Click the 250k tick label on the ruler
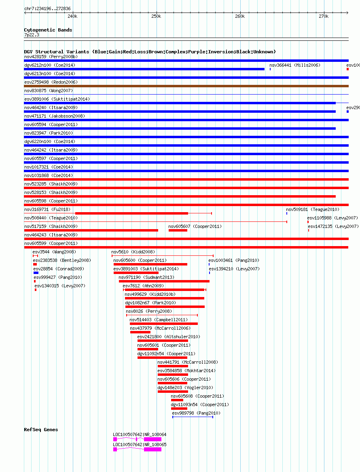pyautogui.click(x=156, y=16)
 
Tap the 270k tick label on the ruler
pyautogui.click(x=323, y=16)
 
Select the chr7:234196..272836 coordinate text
pyautogui.click(x=47, y=8)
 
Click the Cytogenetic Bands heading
pyautogui.click(x=48, y=30)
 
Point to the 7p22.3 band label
pyautogui.click(x=32, y=35)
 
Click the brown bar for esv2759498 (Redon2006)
pyautogui.click(x=186, y=86)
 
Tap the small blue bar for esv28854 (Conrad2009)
pyautogui.click(x=36, y=273)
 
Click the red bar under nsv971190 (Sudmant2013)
pyautogui.click(x=164, y=281)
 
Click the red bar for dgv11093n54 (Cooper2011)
pyautogui.click(x=179, y=409)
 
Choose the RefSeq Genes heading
pyautogui.click(x=41, y=430)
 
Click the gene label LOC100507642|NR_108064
pyautogui.click(x=140, y=434)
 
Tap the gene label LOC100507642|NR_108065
pyautogui.click(x=140, y=445)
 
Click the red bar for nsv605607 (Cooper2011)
pyautogui.click(x=178, y=230)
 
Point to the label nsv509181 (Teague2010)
pyautogui.click(x=313, y=209)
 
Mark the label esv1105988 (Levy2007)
pyautogui.click(x=332, y=218)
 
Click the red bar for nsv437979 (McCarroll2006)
pyautogui.click(x=140, y=332)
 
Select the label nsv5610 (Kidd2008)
pyautogui.click(x=133, y=252)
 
